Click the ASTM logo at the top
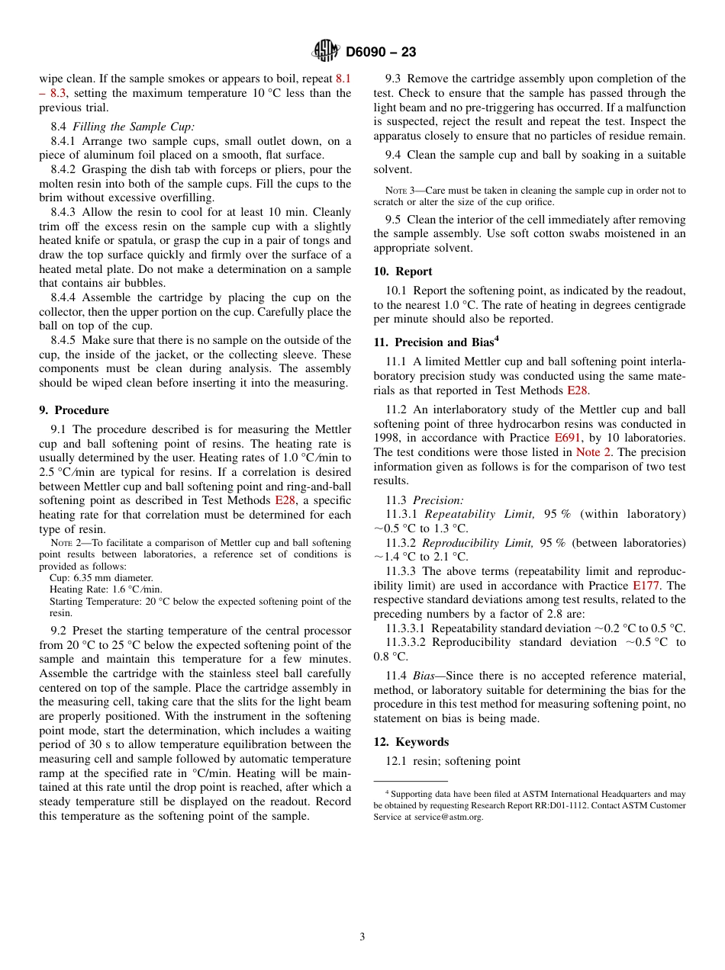(x=326, y=52)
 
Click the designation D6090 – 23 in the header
(x=380, y=53)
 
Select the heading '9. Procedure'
(x=74, y=410)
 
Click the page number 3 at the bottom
(x=362, y=937)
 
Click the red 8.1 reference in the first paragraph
(x=343, y=79)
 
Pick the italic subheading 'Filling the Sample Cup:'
(x=133, y=127)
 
